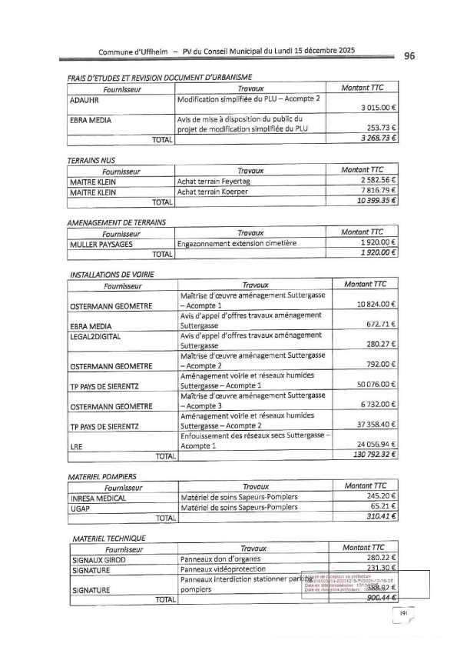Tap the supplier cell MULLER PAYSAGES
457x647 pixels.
tap(100, 243)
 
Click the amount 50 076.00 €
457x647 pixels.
tap(374, 385)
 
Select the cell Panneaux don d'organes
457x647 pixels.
tap(220, 559)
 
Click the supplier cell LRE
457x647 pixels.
tap(76, 445)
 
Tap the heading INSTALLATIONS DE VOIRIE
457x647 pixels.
tap(112, 274)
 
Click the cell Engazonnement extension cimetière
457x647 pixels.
tap(237, 243)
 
